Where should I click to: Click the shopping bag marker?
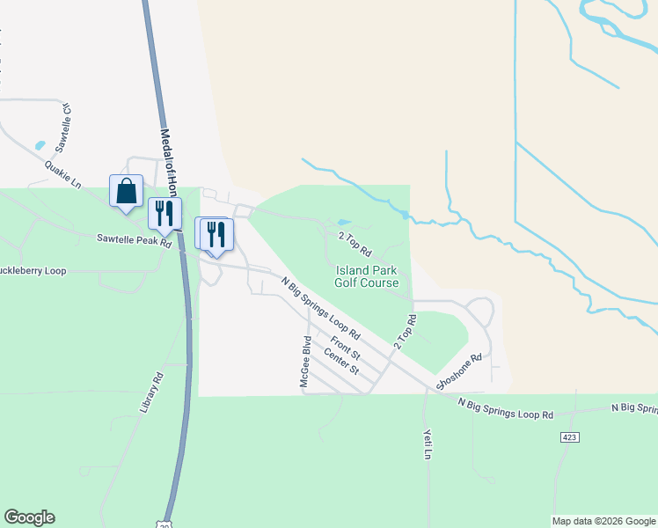click(126, 191)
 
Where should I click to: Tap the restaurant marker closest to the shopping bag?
click(164, 214)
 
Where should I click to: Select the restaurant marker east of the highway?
click(216, 235)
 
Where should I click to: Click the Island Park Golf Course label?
click(367, 276)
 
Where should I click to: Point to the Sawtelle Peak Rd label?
click(134, 239)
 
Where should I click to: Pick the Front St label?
click(345, 344)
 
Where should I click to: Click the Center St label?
click(341, 361)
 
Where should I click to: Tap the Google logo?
click(29, 517)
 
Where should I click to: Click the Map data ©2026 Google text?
click(603, 521)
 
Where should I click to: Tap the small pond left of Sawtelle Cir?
click(39, 145)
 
